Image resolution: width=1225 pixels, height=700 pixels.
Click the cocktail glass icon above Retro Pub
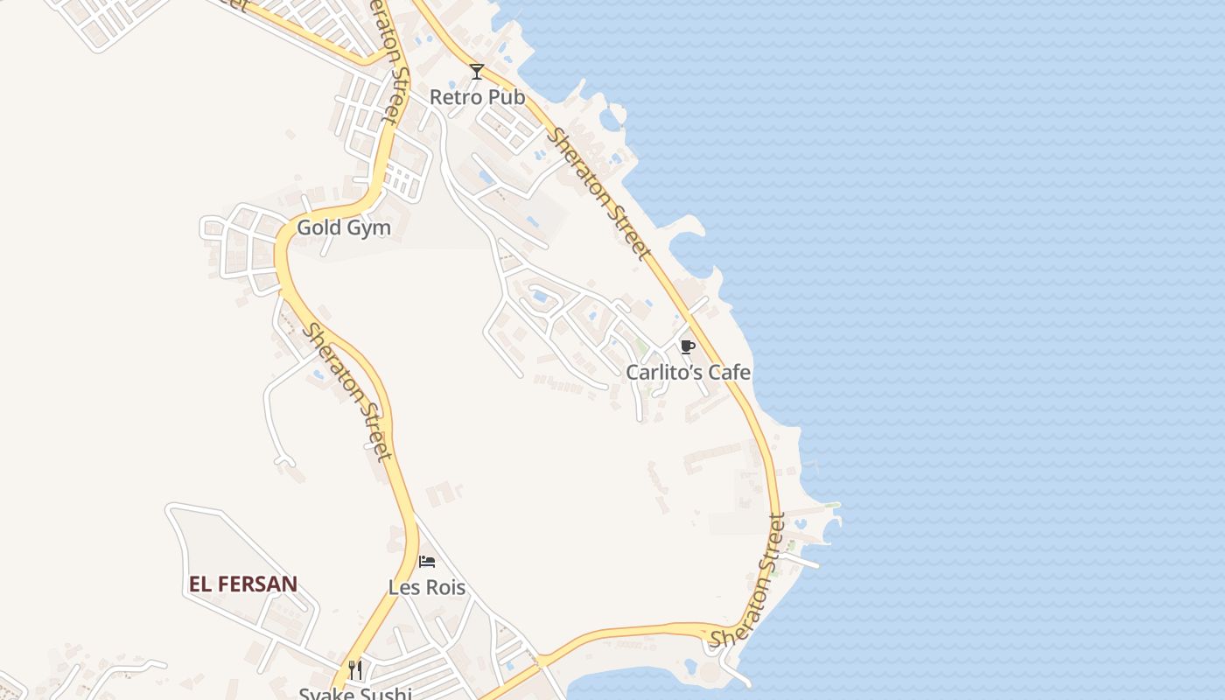[x=477, y=72]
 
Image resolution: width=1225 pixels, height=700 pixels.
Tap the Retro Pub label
[x=477, y=97]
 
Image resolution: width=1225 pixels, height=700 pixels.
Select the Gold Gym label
[x=344, y=228]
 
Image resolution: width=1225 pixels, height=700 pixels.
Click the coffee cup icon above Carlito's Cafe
[x=688, y=346]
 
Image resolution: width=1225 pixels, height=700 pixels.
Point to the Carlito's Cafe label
[x=688, y=373]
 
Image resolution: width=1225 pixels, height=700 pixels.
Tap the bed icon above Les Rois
[x=427, y=561]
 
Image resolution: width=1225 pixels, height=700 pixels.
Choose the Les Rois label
[x=427, y=587]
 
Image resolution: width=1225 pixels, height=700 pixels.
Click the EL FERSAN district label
[x=243, y=584]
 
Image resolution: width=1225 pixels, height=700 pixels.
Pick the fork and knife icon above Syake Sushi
[x=355, y=670]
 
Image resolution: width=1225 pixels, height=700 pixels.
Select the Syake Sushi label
[x=355, y=694]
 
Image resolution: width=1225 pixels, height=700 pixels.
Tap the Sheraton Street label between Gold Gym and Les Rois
[x=347, y=392]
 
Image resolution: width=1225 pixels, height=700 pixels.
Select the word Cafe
[x=730, y=373]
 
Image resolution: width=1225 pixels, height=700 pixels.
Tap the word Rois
[x=446, y=587]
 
